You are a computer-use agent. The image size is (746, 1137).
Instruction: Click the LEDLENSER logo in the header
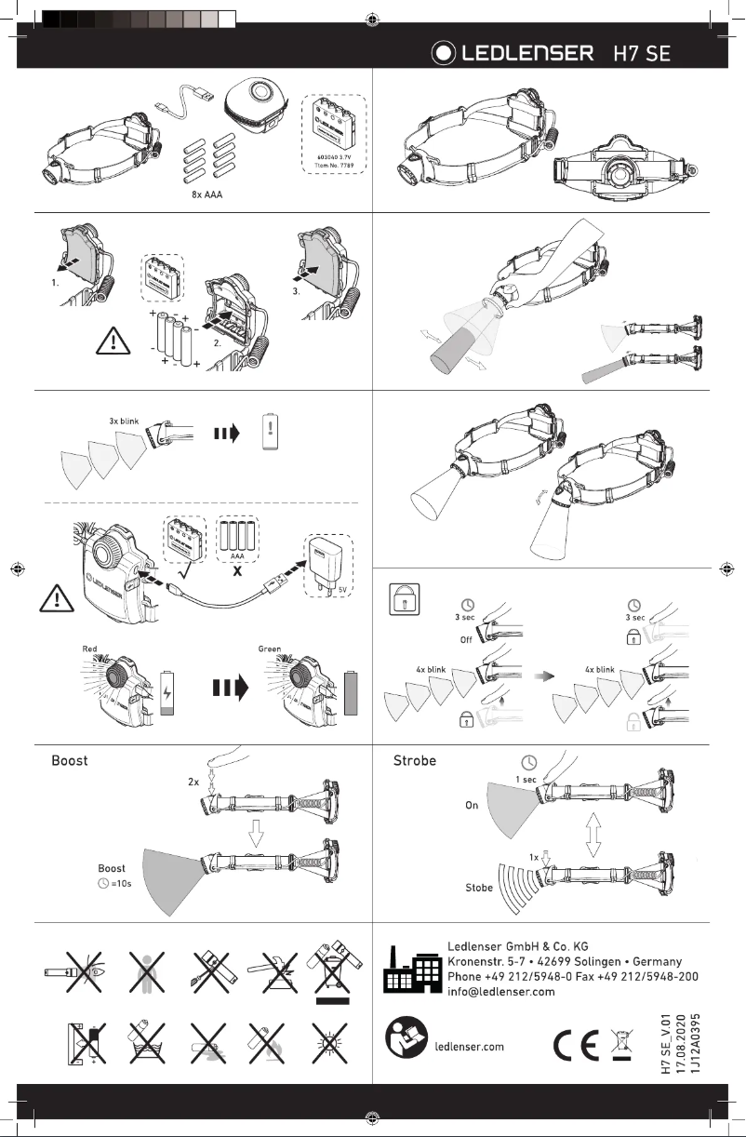pos(513,53)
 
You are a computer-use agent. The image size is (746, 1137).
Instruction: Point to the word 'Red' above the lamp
pos(90,648)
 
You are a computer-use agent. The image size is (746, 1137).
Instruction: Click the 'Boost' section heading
pos(70,760)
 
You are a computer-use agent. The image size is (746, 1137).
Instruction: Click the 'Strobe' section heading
pos(416,760)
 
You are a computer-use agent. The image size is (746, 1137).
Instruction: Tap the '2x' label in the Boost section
pos(193,783)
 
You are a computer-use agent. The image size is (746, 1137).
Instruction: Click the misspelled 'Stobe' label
pos(479,889)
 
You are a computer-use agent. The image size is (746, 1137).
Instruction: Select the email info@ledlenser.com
pos(500,992)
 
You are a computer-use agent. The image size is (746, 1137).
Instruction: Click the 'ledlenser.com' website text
pos(470,1046)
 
